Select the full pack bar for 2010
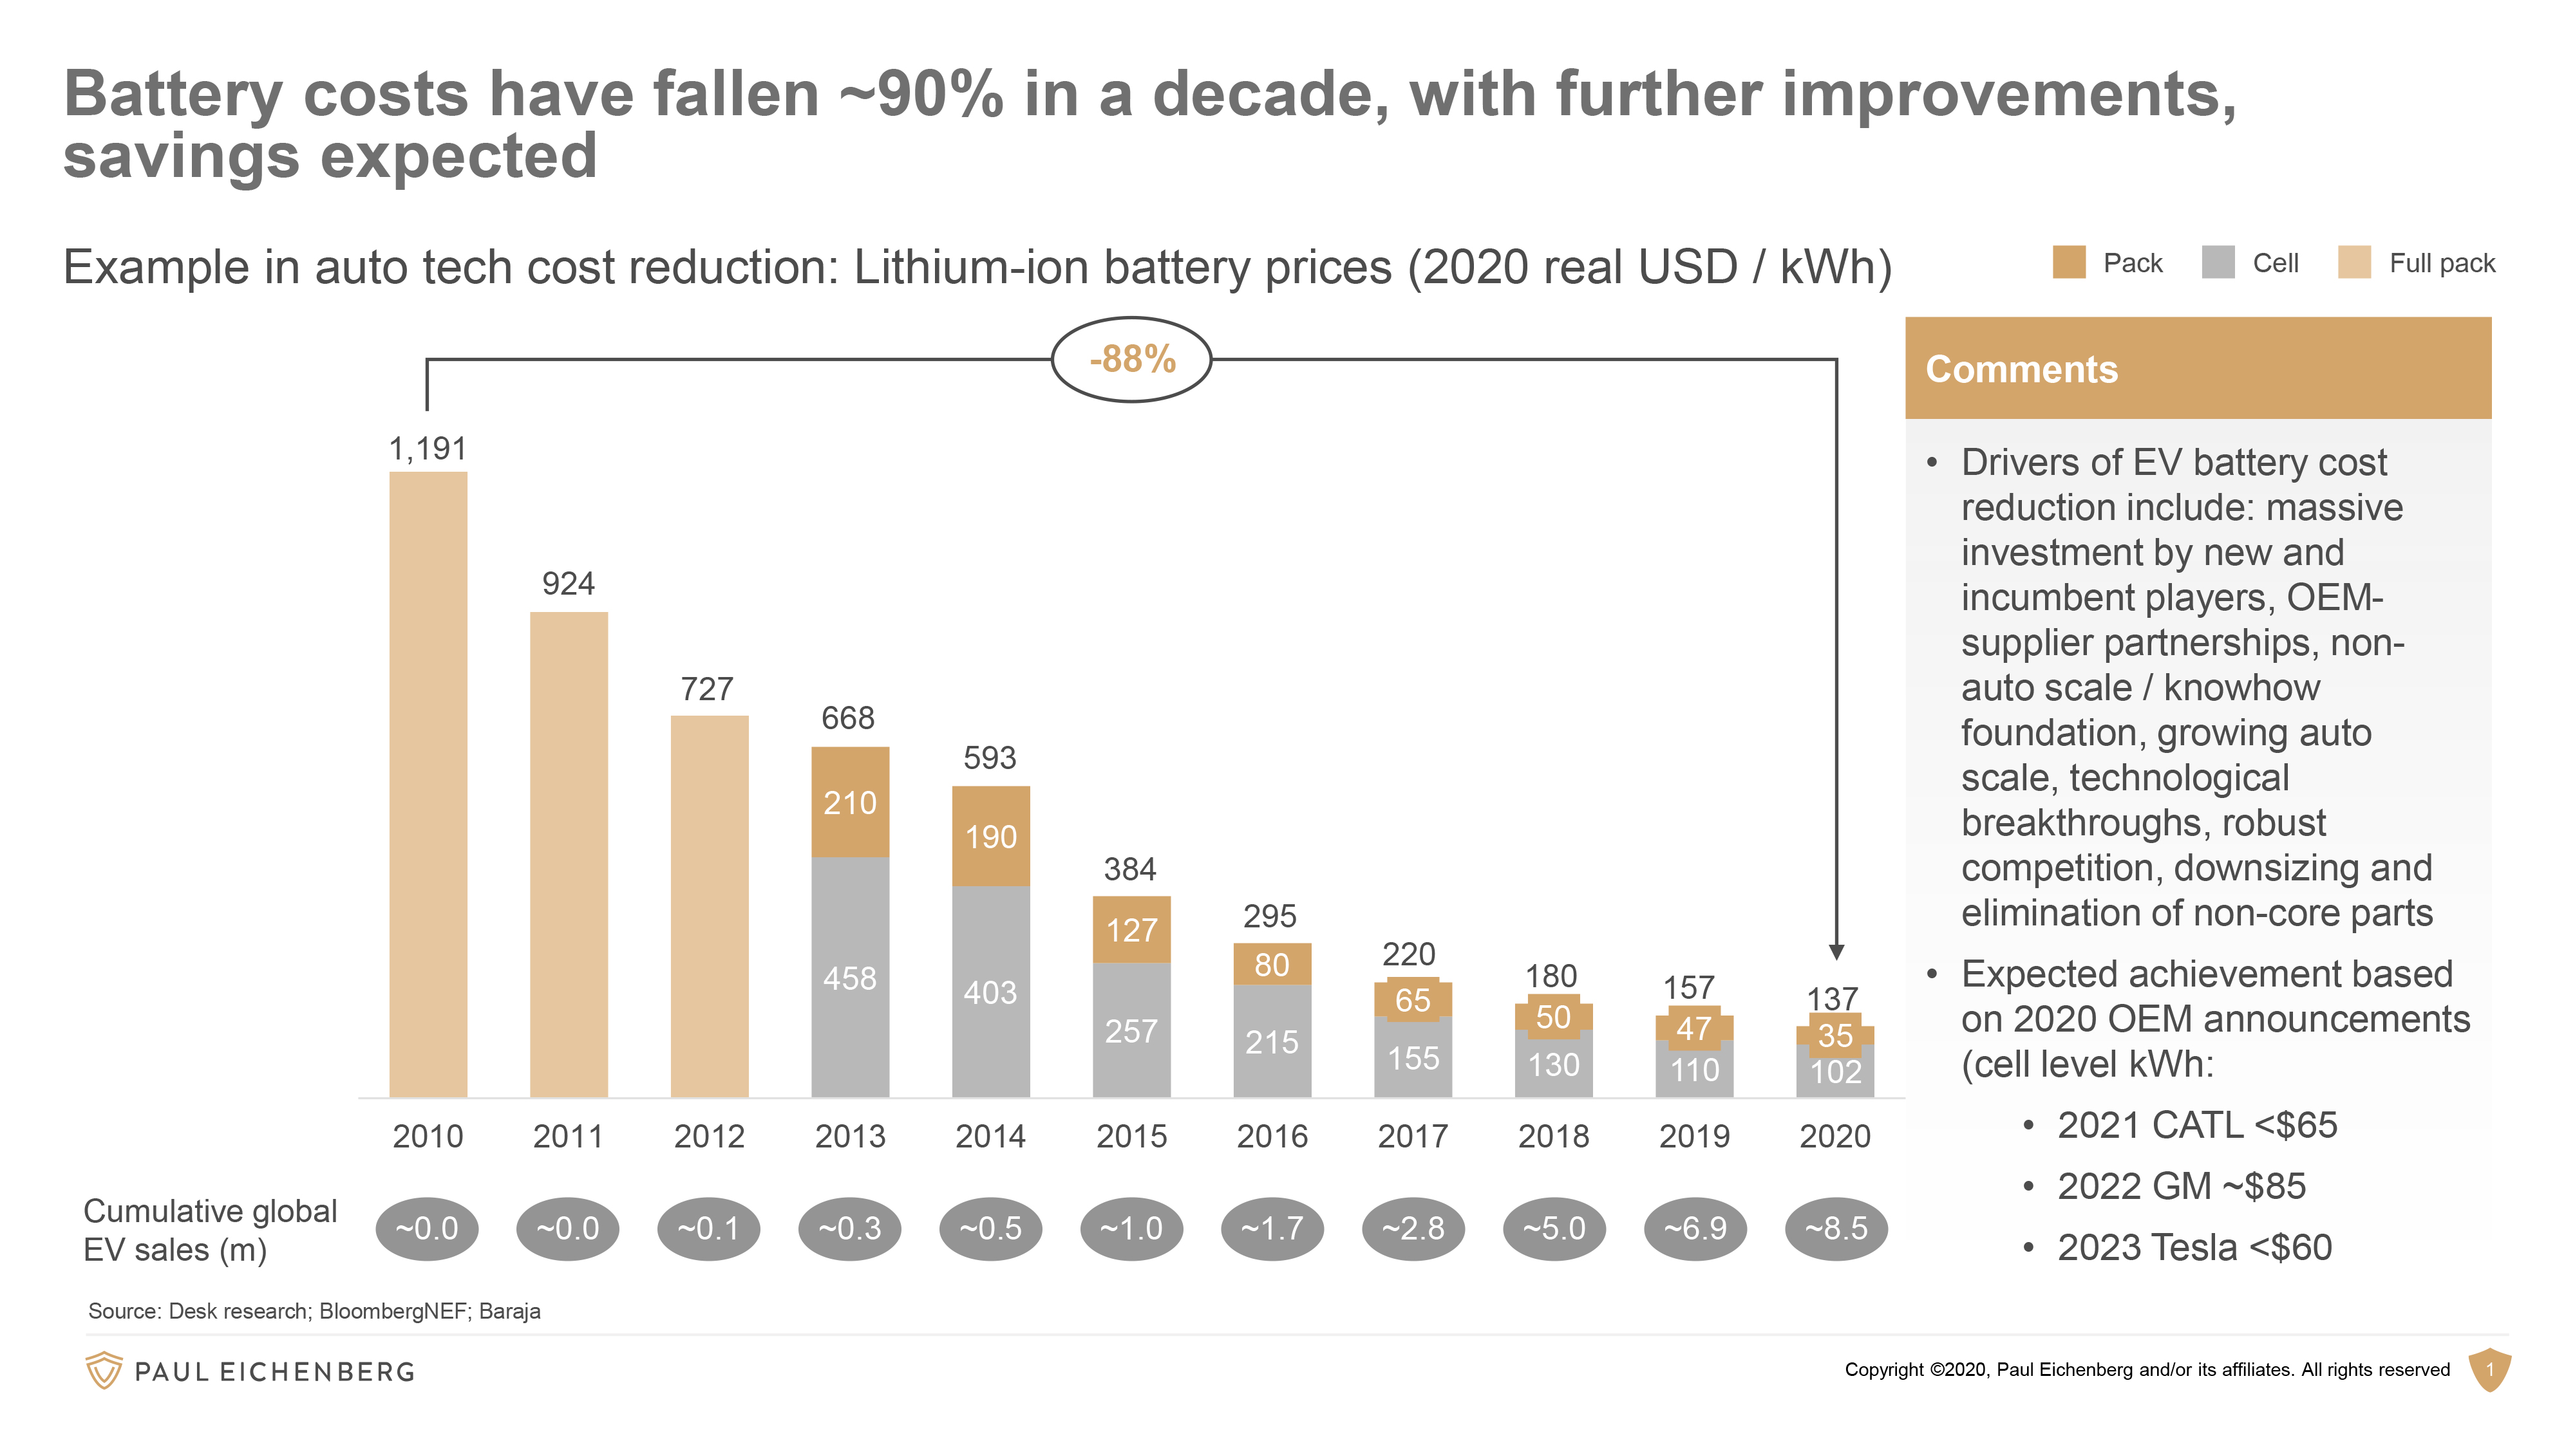click(x=428, y=784)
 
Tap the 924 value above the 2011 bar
click(x=568, y=584)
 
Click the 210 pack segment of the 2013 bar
click(x=850, y=803)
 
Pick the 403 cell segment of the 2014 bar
click(x=990, y=992)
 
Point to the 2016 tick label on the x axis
click(x=1272, y=1137)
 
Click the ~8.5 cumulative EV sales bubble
click(x=1835, y=1228)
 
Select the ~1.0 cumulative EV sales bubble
click(x=1131, y=1228)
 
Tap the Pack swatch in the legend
click(x=2068, y=263)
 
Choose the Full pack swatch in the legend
click(x=2354, y=263)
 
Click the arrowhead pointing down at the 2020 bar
click(x=1836, y=952)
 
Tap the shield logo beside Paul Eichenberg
click(x=104, y=1370)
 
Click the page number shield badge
click(x=2489, y=1369)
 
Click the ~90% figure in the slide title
click(x=921, y=95)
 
